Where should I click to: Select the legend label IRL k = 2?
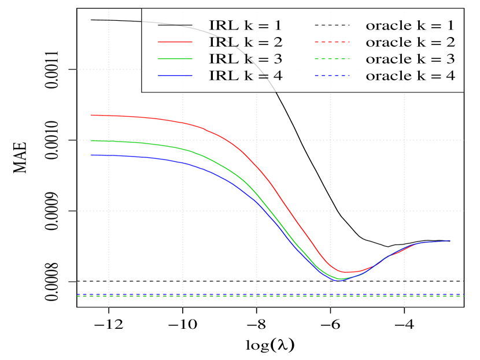pyautogui.click(x=246, y=42)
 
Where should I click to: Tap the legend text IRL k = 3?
pyautogui.click(x=246, y=59)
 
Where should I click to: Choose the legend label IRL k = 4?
pyautogui.click(x=246, y=76)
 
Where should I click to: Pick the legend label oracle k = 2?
pyautogui.click(x=410, y=42)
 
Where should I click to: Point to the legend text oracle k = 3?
pyautogui.click(x=410, y=59)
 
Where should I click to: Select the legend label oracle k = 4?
pyautogui.click(x=410, y=76)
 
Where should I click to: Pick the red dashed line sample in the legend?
pyautogui.click(x=333, y=42)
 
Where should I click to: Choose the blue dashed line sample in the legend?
pyautogui.click(x=333, y=76)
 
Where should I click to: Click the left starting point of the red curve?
pyautogui.click(x=90, y=115)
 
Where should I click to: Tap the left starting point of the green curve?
pyautogui.click(x=90, y=140)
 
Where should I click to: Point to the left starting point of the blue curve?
pyautogui.click(x=90, y=155)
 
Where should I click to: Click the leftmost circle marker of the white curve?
pyautogui.click(x=90, y=20)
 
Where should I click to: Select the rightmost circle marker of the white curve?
pyautogui.click(x=451, y=241)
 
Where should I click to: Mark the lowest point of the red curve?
pyautogui.click(x=345, y=272)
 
